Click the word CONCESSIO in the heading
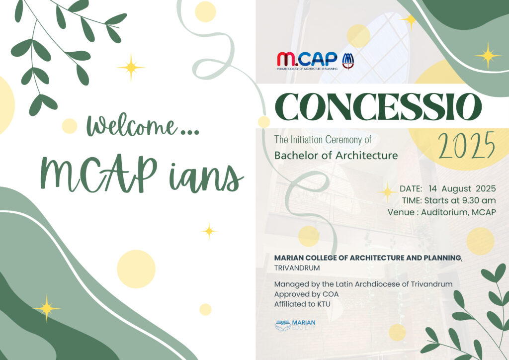coord(378,107)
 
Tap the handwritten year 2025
coord(466,146)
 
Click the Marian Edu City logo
coord(295,325)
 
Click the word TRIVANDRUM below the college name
coord(297,268)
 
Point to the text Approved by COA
coord(306,294)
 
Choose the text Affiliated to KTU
coord(302,304)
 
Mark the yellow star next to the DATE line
coord(387,191)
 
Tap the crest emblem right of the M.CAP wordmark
coord(347,61)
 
